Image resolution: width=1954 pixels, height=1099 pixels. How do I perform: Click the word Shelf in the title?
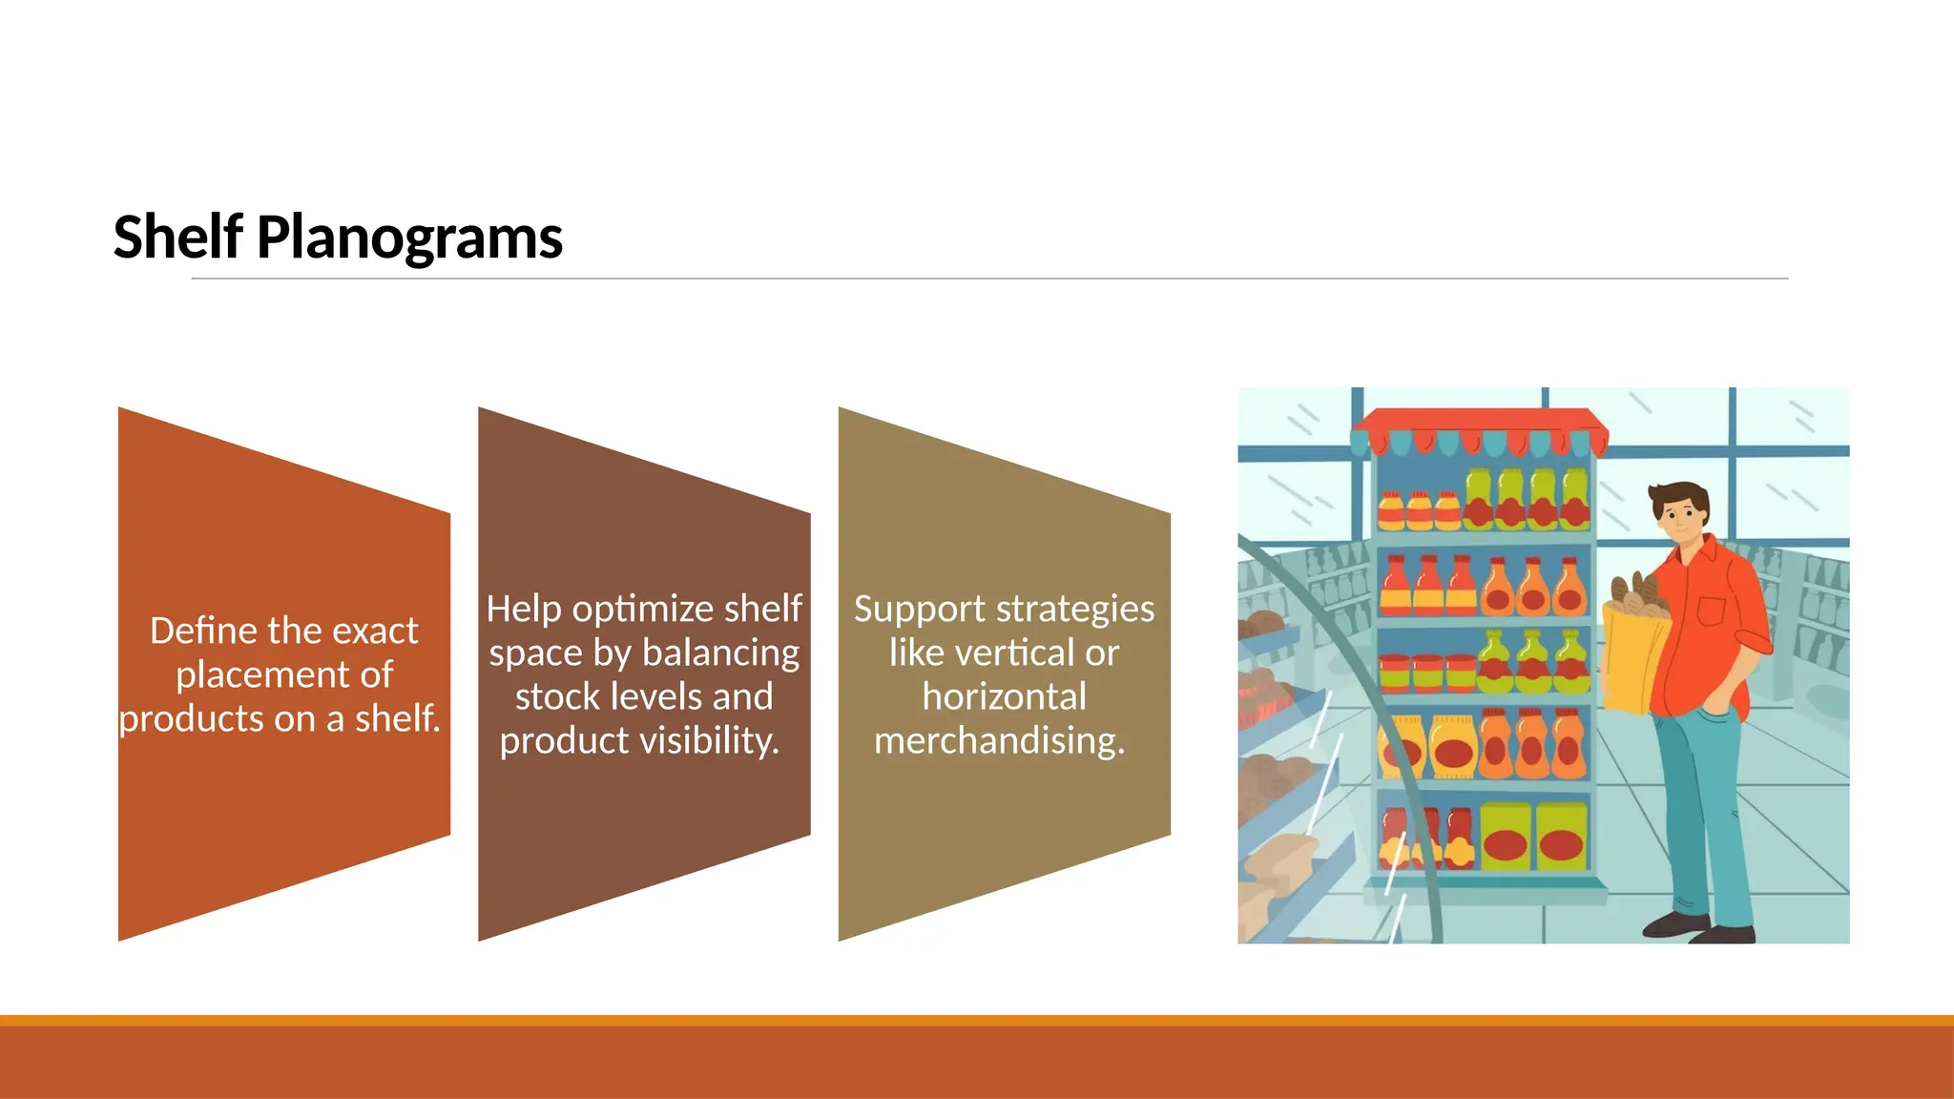tap(177, 237)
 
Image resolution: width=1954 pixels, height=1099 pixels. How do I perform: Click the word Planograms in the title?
tap(409, 238)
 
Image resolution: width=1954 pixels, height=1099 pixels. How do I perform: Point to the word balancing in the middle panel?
tap(721, 653)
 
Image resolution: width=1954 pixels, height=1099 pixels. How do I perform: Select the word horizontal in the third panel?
tap(1004, 697)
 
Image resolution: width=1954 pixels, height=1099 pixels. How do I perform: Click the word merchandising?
tap(999, 741)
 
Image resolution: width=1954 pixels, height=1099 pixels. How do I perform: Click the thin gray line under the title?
tap(988, 279)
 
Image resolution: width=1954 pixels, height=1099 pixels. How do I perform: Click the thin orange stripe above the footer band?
tap(977, 1020)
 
